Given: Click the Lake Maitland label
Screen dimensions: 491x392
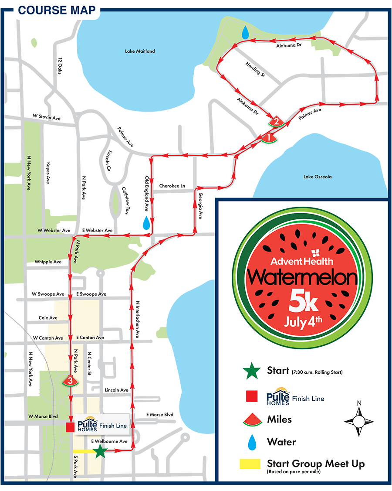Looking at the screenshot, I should [x=140, y=51].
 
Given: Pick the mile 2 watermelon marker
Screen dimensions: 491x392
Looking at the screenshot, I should [x=276, y=122].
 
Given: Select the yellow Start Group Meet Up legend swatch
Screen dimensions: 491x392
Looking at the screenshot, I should [x=250, y=464].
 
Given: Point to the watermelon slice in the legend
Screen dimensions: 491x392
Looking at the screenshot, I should [x=251, y=420].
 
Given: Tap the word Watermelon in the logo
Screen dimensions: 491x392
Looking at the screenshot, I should [x=302, y=278].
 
